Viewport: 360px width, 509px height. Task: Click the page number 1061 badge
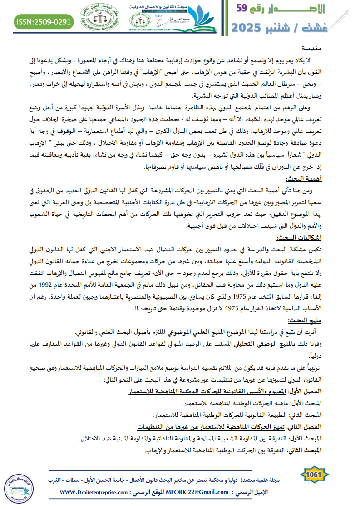click(x=314, y=474)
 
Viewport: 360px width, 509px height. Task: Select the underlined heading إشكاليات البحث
click(x=300, y=238)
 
